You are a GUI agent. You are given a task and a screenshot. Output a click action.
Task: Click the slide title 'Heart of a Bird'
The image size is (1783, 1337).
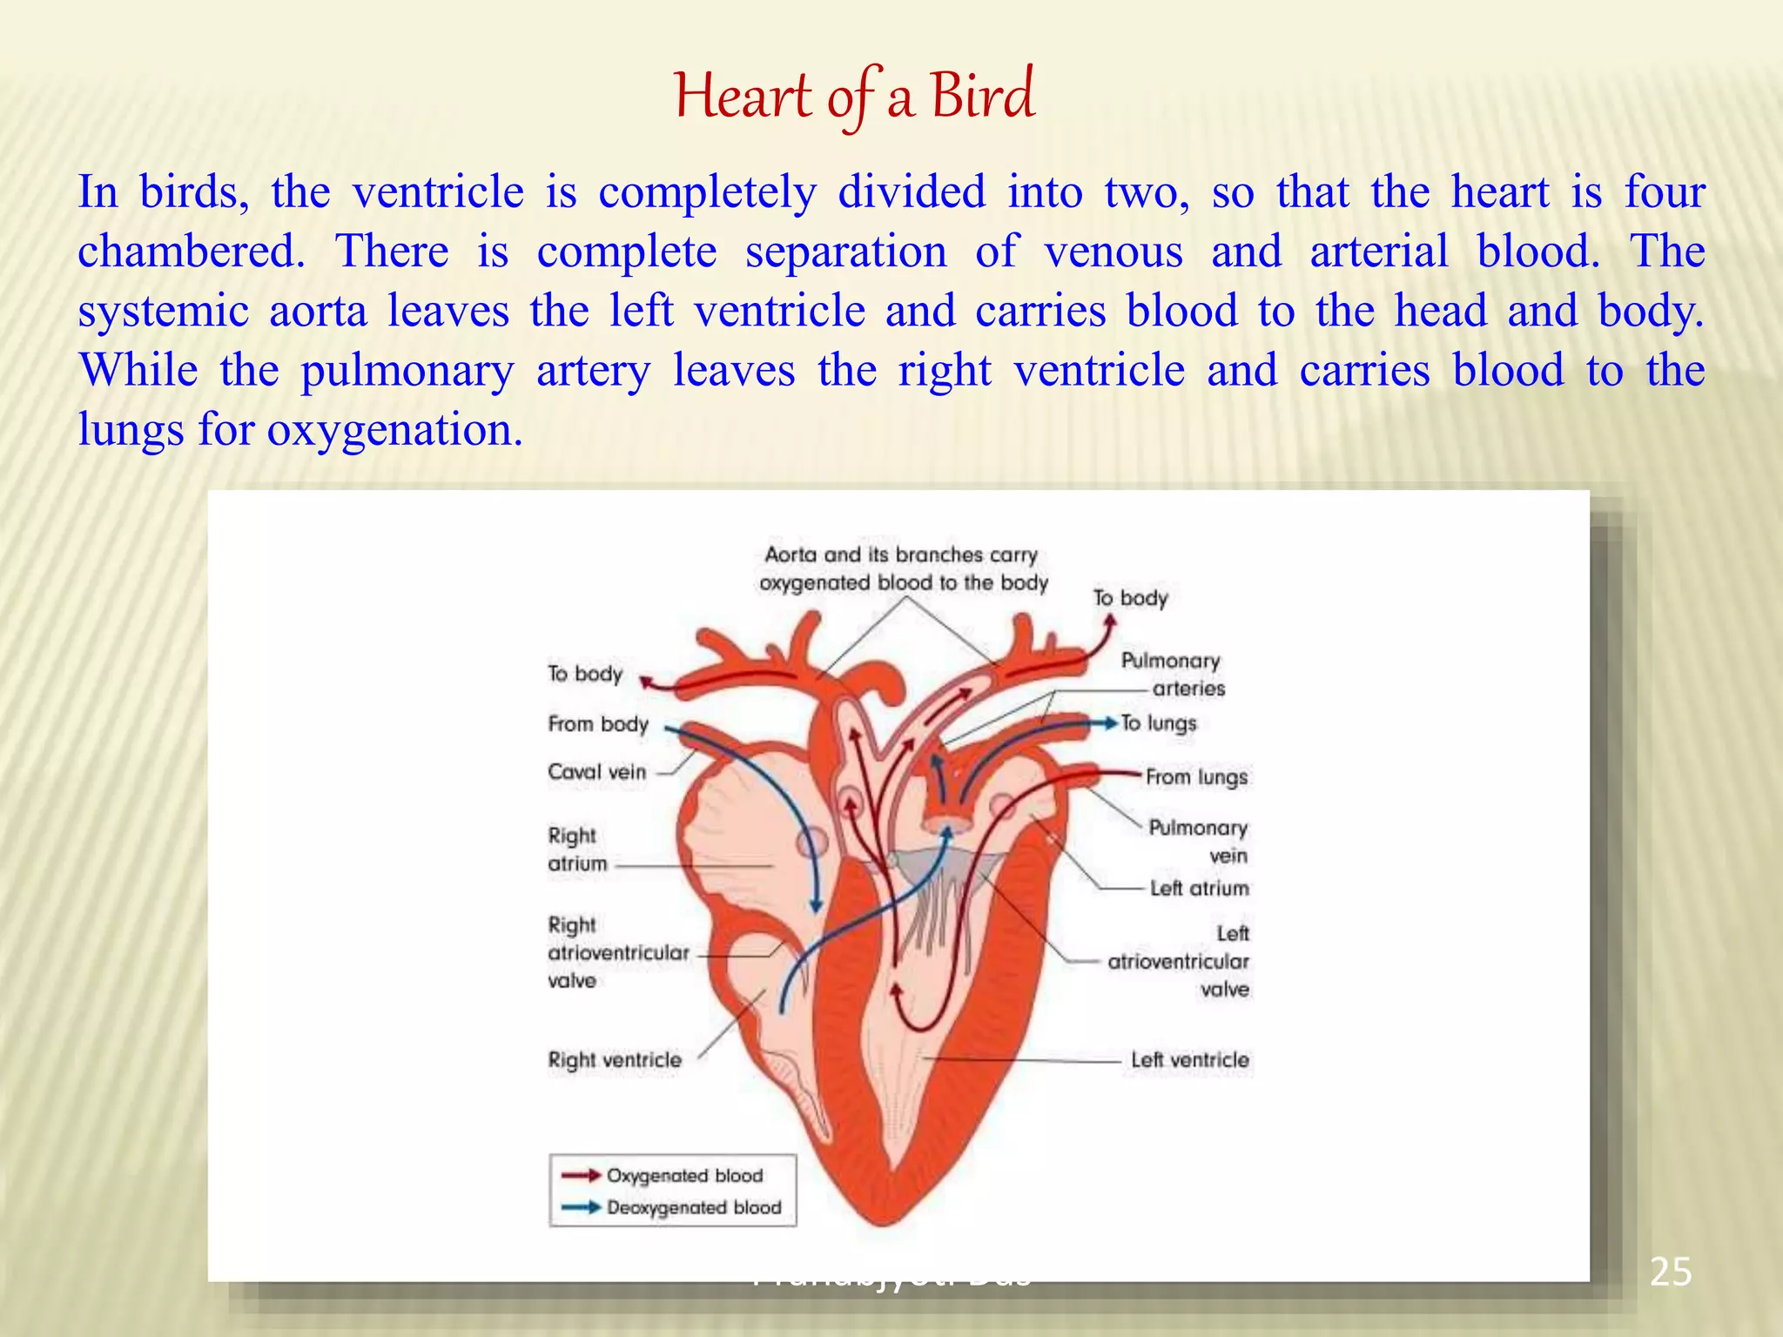tap(854, 96)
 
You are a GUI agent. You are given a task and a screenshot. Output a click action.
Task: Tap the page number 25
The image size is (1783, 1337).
tap(1670, 1273)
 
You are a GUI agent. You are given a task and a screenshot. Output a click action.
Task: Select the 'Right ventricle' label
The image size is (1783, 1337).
tap(615, 1060)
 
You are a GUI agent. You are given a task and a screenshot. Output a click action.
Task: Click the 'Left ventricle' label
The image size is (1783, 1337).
tap(1189, 1060)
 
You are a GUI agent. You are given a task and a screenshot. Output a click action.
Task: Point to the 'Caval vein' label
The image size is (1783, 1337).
tap(597, 772)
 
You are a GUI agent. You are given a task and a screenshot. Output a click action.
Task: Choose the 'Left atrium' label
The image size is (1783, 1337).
tap(1199, 889)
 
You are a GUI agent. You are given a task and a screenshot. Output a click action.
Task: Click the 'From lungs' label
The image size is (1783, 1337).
tap(1196, 777)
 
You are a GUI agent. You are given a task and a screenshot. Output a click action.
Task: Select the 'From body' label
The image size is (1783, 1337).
tap(598, 724)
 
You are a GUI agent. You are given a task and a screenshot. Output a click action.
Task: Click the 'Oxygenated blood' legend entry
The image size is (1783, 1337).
tap(684, 1176)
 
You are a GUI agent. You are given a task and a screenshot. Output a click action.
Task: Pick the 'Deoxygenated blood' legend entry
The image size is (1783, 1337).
tap(694, 1208)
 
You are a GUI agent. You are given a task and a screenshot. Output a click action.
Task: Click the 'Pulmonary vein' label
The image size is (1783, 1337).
tap(1198, 841)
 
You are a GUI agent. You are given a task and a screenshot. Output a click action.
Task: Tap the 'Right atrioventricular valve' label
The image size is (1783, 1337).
tap(617, 953)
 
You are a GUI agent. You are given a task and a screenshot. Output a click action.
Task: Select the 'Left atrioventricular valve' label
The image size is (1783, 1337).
tap(1179, 962)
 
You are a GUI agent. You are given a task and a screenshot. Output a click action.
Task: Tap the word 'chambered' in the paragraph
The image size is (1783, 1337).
tap(191, 252)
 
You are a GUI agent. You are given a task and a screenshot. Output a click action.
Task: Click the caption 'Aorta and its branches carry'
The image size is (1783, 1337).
tap(901, 555)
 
